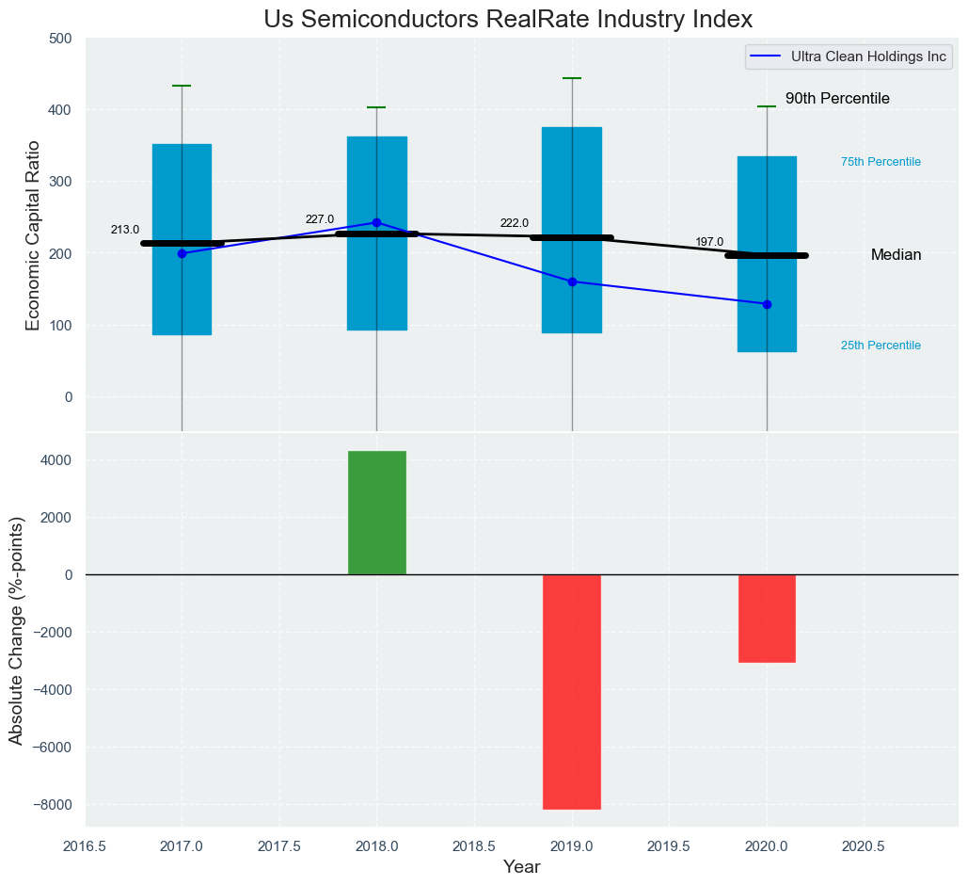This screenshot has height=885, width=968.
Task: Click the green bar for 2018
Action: click(377, 512)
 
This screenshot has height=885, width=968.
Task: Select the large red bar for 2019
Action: click(572, 691)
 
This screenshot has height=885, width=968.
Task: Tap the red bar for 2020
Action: click(767, 618)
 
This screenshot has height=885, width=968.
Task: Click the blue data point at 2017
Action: click(182, 253)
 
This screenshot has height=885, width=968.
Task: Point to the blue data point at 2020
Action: click(767, 304)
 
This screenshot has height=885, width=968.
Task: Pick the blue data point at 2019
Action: click(572, 282)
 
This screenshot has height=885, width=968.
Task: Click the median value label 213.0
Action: click(125, 230)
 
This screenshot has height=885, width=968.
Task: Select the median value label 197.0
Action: click(709, 242)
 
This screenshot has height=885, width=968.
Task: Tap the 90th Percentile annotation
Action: click(837, 99)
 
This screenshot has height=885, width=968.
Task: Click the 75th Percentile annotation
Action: click(881, 162)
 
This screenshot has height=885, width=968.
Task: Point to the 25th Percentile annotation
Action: click(881, 346)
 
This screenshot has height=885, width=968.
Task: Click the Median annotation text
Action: click(896, 255)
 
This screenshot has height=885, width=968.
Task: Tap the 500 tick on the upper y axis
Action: click(60, 39)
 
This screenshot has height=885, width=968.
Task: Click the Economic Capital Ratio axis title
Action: click(34, 234)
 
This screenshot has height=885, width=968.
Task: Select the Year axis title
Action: click(521, 867)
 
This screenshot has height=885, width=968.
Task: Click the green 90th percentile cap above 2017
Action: click(182, 86)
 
